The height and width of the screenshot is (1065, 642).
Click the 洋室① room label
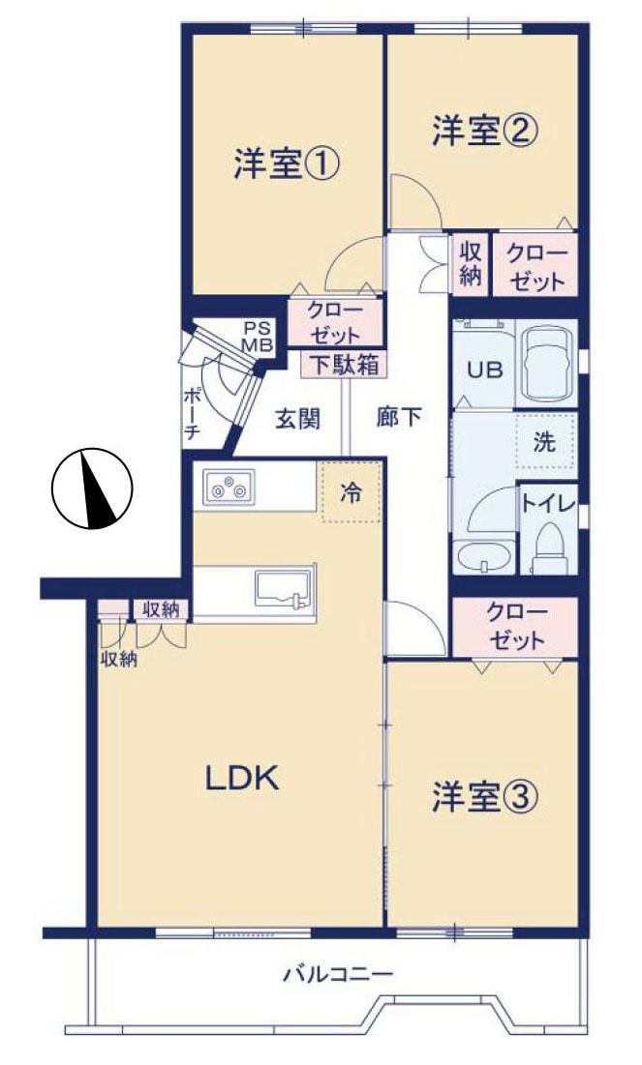[x=285, y=165]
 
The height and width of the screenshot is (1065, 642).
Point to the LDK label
[x=241, y=777]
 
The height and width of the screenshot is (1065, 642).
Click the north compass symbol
[x=91, y=489]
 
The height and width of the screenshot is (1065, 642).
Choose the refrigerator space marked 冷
[x=350, y=492]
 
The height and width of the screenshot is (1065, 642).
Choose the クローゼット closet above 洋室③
[x=516, y=626]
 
